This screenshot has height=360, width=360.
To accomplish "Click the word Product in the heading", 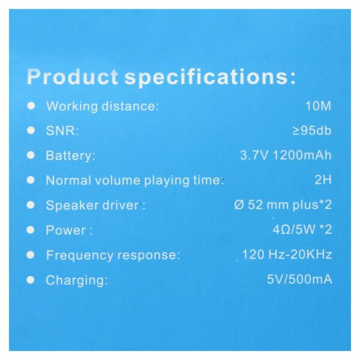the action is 73,77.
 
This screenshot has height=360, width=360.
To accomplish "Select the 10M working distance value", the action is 318,106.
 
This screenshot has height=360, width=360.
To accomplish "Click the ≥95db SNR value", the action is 312,131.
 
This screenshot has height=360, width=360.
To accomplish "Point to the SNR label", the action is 62,131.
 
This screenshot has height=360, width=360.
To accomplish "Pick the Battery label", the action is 70,156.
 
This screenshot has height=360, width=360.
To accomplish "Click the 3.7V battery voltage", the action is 254,155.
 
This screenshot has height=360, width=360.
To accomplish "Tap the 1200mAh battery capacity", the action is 302,155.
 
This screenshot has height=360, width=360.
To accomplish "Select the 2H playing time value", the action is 323,180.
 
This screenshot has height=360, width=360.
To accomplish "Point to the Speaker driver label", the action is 95,205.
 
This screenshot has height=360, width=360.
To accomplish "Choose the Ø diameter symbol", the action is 239,205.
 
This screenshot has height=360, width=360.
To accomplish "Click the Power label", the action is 69,230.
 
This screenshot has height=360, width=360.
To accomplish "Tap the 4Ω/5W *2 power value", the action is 302,229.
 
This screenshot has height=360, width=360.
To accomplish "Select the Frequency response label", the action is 113,256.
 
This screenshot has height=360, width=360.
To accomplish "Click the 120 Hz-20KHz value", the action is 287,254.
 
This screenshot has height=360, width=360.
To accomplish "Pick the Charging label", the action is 77,281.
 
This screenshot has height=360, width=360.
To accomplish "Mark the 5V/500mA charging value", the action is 299,280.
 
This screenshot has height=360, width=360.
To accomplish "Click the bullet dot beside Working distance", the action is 31,106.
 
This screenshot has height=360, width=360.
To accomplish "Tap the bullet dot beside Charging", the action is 31,280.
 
